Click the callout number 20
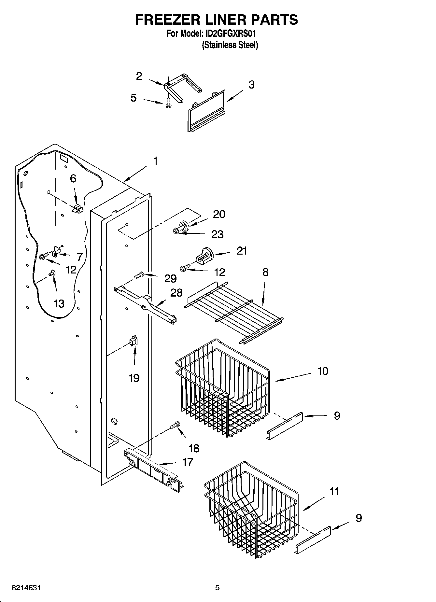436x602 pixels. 219,214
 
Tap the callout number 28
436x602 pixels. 176,292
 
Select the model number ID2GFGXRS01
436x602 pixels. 232,34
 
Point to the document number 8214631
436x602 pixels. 26,588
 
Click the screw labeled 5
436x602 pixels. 168,103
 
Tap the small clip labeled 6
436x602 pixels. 77,209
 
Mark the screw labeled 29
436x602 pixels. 139,276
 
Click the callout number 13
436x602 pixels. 59,304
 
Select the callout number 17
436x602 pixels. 188,462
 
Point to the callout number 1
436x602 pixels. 155,161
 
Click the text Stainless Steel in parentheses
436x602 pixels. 230,45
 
